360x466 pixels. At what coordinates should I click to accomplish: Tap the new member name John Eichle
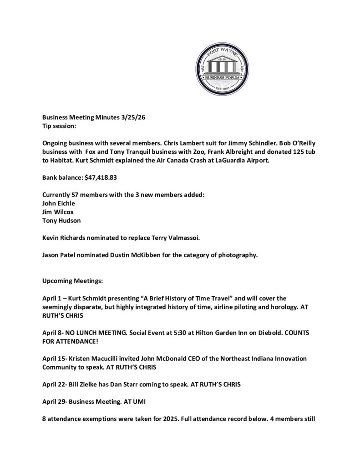point(59,203)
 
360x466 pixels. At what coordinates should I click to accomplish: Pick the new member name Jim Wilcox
point(57,212)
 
